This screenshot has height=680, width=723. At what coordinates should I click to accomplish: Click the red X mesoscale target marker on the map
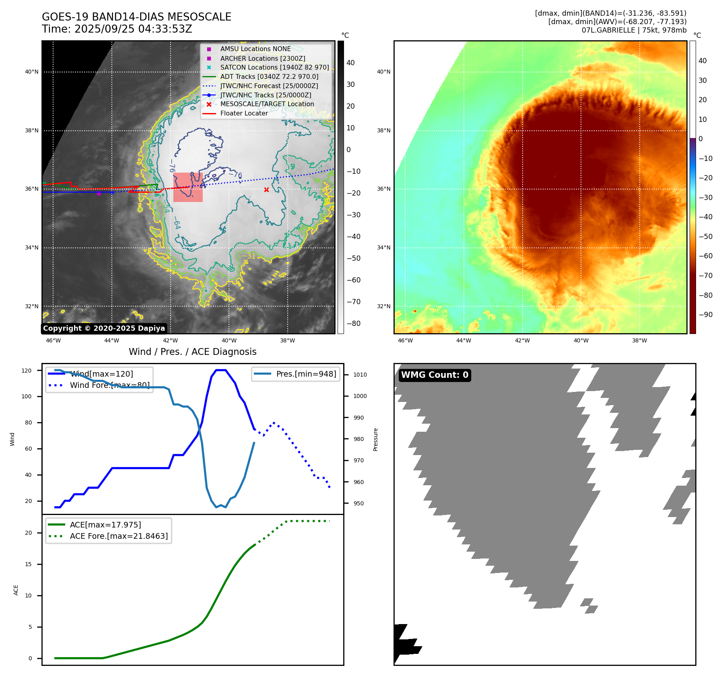[x=266, y=190]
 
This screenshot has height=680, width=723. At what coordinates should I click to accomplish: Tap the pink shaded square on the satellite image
[x=188, y=187]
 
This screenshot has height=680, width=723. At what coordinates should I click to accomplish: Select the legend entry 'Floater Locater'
[x=244, y=113]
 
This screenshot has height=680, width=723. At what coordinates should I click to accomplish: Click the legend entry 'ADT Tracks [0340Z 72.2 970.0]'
[x=269, y=76]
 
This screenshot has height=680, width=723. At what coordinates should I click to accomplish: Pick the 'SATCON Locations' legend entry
[x=274, y=67]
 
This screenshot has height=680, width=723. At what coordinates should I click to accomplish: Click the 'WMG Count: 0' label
[x=435, y=375]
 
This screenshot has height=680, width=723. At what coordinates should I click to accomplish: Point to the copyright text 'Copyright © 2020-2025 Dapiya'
[x=104, y=328]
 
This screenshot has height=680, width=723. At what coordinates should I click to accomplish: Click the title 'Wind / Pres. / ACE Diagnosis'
[x=192, y=352]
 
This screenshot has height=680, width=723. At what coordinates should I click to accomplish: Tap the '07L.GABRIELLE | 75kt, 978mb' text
[x=634, y=30]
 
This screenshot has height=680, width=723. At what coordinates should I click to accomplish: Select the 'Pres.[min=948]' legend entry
[x=306, y=374]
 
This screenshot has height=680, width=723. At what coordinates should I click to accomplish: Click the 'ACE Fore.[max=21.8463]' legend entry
[x=119, y=536]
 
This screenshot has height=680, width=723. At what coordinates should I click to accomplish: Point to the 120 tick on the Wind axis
[x=27, y=371]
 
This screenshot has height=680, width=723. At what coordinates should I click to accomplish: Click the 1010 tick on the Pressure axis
[x=360, y=375]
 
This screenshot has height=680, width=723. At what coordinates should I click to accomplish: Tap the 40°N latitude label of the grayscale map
[x=32, y=72]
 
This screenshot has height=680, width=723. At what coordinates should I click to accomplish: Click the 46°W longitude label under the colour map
[x=405, y=340]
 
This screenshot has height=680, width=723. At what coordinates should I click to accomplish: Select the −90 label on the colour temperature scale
[x=705, y=315]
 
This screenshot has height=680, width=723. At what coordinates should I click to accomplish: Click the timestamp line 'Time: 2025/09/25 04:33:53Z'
[x=117, y=29]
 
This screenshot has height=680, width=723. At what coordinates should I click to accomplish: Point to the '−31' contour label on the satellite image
[x=249, y=256]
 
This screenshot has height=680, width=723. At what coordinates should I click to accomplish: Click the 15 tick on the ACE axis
[x=29, y=564]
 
